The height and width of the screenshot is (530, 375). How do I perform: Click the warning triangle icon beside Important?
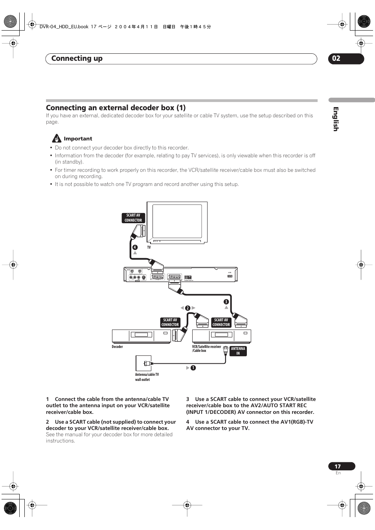tap(57, 138)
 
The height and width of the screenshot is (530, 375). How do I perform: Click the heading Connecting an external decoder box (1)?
tap(116, 107)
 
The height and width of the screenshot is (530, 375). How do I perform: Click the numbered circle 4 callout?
tap(135, 247)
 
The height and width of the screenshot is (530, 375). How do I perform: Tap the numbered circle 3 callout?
tap(226, 302)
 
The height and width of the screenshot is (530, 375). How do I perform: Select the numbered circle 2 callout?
tap(187, 308)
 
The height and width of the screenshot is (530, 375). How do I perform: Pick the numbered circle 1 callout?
tap(193, 368)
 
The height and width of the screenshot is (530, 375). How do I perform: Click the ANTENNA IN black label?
tap(238, 351)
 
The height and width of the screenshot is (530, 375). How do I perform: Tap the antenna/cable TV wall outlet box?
tap(143, 363)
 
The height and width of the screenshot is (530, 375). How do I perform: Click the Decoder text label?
tap(117, 347)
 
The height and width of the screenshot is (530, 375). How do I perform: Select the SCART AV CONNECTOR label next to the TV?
tap(133, 218)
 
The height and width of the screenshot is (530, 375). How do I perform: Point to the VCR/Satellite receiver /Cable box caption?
tap(206, 348)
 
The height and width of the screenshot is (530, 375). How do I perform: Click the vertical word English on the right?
tap(335, 119)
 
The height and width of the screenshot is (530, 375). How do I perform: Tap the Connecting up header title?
tap(77, 58)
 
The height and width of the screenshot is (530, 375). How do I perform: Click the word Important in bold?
tap(78, 138)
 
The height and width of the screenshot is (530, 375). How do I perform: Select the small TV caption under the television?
tap(149, 248)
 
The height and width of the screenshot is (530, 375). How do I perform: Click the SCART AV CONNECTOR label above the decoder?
tap(170, 322)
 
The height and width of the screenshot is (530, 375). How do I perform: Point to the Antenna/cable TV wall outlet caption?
tap(147, 377)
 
